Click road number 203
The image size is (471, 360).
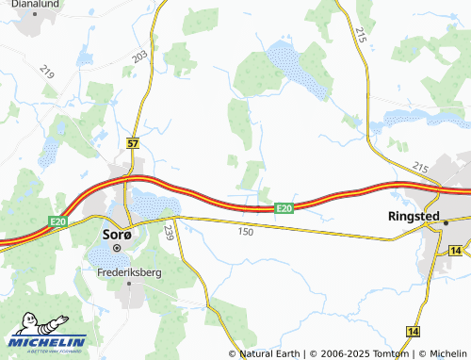[140, 57]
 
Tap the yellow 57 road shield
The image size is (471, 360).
[132, 143]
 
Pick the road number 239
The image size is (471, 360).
[170, 232]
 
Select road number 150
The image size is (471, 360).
[247, 231]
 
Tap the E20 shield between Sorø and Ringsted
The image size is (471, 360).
[285, 207]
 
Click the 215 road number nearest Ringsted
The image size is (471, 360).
[420, 167]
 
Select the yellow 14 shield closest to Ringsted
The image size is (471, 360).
[456, 251]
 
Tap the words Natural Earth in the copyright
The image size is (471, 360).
[268, 353]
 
